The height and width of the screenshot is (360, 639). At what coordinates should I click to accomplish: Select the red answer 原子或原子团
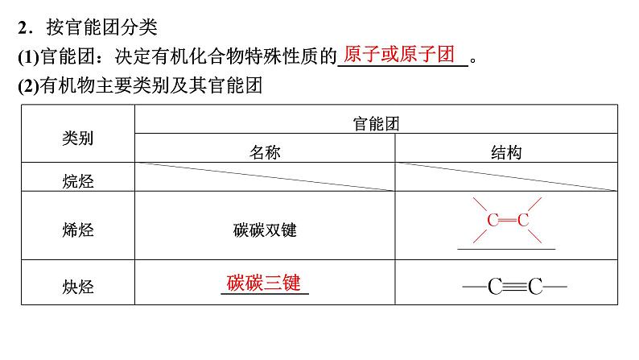(399, 55)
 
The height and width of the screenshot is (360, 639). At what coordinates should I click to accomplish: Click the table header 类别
(77, 138)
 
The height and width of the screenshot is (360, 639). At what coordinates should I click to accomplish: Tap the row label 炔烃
(77, 285)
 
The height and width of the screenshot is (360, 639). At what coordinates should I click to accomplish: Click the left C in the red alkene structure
(493, 219)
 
